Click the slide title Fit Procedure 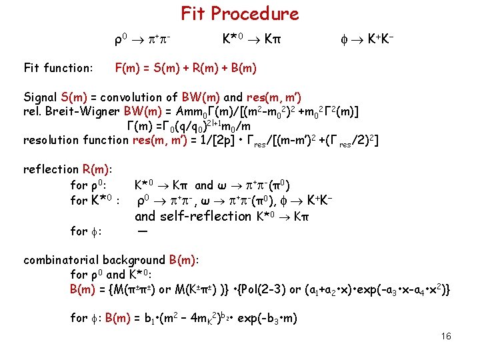(x=240, y=13)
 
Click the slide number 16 (x=446, y=335)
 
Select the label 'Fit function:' (x=58, y=67)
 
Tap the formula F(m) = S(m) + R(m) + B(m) (x=186, y=67)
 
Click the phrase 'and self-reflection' (x=193, y=216)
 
